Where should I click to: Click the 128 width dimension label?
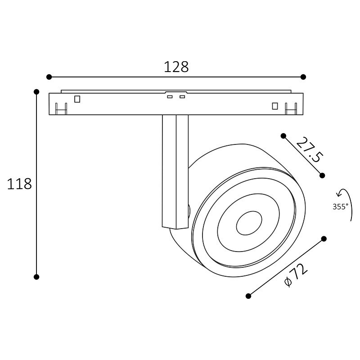click(x=176, y=67)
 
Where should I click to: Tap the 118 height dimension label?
click(x=19, y=184)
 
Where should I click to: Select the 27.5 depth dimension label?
click(x=310, y=149)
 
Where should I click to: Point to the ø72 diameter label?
click(x=296, y=275)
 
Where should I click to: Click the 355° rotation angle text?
click(x=341, y=207)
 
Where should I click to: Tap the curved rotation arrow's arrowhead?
click(x=338, y=194)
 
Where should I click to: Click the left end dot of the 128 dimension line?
click(x=49, y=77)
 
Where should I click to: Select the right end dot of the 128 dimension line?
click(x=303, y=77)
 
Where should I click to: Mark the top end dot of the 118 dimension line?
click(x=36, y=92)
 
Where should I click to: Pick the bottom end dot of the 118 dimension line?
click(x=36, y=277)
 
